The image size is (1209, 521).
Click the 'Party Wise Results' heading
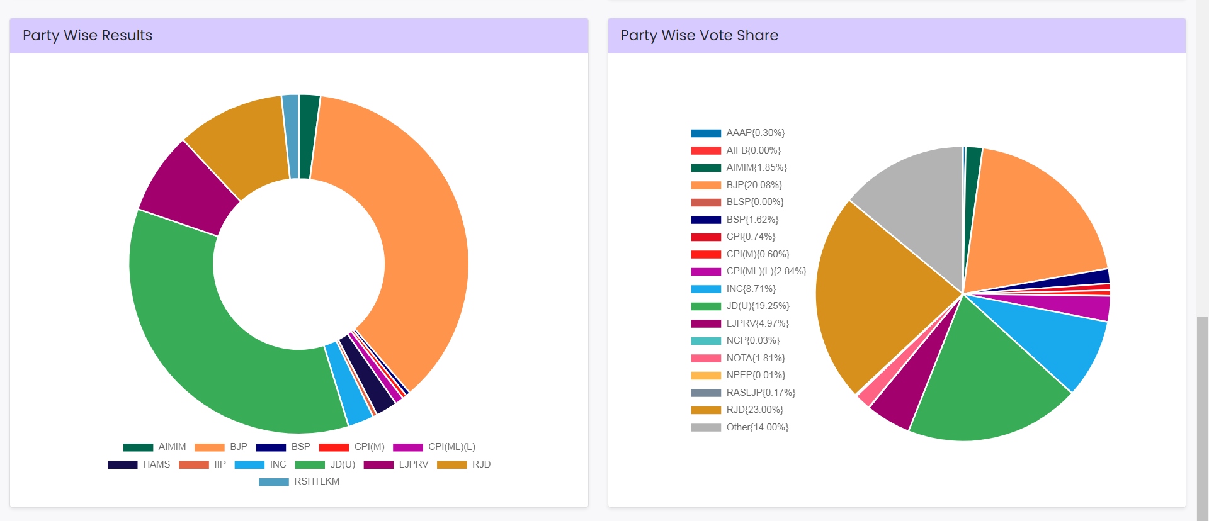[88, 35]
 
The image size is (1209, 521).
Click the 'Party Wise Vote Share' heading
[699, 35]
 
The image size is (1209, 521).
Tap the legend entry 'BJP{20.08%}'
[754, 185]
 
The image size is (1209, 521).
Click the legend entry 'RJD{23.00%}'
[754, 410]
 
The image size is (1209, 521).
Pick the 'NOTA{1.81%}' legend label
[755, 358]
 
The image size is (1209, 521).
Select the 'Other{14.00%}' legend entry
[757, 427]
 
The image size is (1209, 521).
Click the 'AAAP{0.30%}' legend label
[755, 133]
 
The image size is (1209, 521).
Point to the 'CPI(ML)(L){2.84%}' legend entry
[766, 271]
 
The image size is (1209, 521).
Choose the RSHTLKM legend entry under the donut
[316, 481]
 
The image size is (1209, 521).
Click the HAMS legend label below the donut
[156, 464]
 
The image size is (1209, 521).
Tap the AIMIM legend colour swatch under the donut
[138, 447]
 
